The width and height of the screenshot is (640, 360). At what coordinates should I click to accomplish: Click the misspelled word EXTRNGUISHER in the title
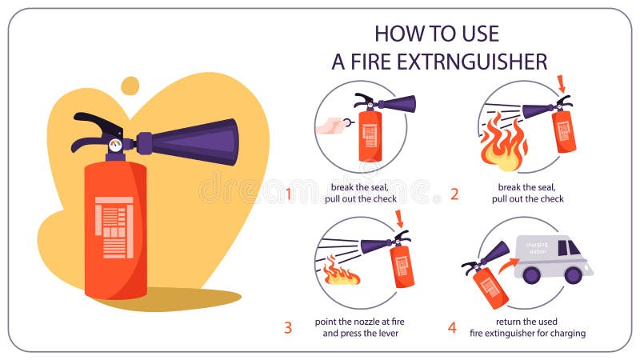click(467, 61)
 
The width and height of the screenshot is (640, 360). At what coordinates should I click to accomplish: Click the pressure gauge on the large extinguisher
click(116, 146)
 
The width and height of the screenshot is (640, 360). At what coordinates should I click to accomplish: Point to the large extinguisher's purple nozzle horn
click(196, 142)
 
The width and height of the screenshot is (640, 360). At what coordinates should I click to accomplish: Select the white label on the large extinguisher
click(114, 227)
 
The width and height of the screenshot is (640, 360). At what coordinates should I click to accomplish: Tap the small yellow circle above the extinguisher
click(130, 85)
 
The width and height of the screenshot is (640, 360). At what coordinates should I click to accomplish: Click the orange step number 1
click(289, 194)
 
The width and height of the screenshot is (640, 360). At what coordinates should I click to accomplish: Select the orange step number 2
click(454, 194)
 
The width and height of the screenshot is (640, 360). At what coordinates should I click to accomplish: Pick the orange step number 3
click(288, 327)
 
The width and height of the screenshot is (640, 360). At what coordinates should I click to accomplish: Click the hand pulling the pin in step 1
click(329, 126)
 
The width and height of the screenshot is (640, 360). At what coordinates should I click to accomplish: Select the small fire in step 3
click(341, 274)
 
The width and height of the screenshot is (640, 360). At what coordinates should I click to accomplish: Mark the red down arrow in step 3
click(400, 218)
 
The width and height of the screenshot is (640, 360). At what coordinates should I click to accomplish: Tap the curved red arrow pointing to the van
click(505, 264)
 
